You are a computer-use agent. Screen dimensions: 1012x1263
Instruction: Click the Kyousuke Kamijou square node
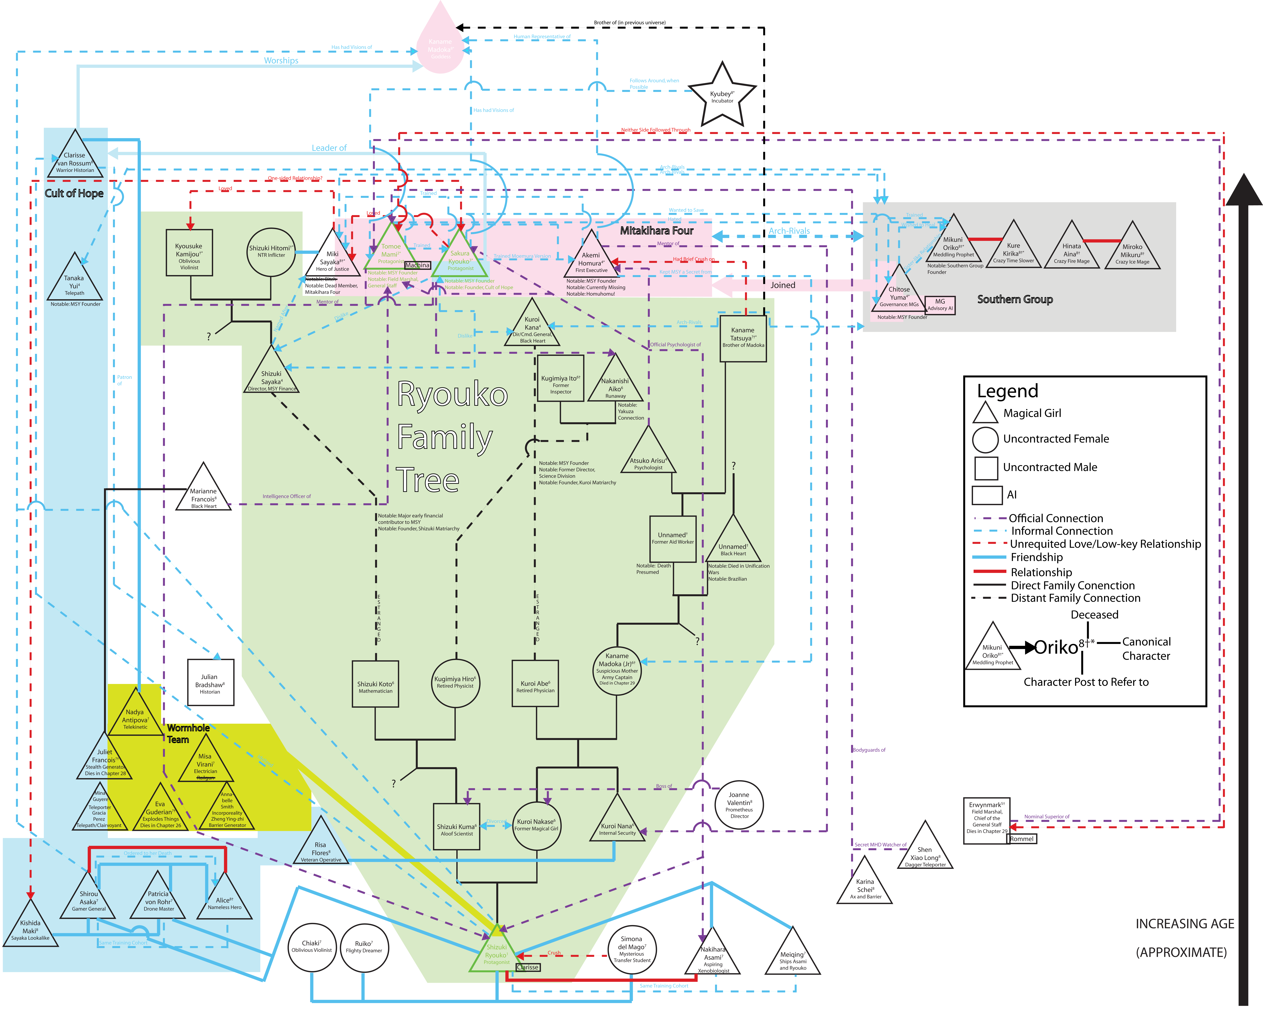pos(189,256)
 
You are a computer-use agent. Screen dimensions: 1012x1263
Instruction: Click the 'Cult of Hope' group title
pos(74,193)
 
